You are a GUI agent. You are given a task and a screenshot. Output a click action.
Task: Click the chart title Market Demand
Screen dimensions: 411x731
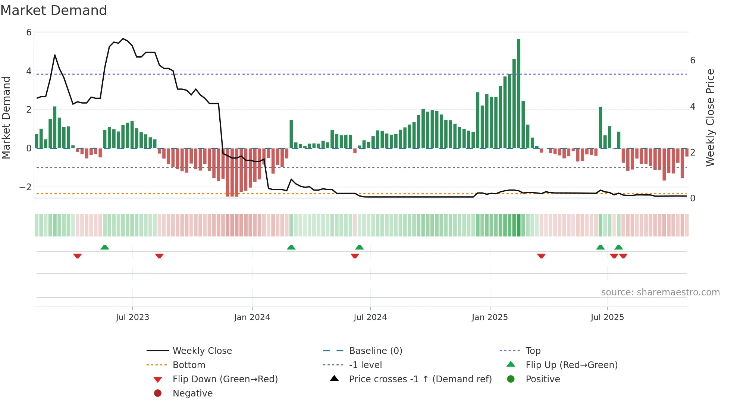54,10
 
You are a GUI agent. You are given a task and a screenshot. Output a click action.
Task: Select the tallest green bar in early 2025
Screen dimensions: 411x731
518,93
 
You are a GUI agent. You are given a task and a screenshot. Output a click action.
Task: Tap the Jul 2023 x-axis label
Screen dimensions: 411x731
132,317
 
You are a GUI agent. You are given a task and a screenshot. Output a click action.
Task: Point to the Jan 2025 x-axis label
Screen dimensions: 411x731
489,317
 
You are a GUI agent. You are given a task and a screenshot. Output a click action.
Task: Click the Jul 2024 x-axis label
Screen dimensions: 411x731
370,317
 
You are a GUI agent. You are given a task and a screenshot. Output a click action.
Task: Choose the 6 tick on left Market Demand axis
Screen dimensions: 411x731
29,32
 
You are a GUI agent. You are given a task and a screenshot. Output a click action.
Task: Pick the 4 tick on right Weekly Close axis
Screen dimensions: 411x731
693,106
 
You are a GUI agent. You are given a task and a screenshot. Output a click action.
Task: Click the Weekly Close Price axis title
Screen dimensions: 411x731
710,117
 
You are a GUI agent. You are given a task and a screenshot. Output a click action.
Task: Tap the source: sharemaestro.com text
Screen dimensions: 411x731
660,292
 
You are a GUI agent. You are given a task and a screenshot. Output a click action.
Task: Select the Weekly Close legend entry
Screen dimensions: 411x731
202,351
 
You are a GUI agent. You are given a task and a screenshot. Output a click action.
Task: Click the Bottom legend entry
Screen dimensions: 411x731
189,365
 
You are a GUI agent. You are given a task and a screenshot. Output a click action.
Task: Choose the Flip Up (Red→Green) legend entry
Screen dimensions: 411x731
571,365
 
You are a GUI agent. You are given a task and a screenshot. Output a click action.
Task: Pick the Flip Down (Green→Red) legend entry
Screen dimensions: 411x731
225,379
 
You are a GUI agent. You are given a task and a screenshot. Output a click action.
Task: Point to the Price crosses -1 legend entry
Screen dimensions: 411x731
420,379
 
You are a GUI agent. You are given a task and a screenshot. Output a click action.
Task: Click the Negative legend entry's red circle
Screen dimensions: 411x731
158,393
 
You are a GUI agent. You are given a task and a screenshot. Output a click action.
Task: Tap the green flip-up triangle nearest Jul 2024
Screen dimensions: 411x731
360,247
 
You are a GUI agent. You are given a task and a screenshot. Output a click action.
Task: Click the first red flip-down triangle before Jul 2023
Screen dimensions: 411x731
78,256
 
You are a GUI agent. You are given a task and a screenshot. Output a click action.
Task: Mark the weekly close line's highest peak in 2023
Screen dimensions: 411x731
123,38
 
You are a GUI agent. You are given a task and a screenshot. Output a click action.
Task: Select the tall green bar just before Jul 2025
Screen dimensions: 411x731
600,127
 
